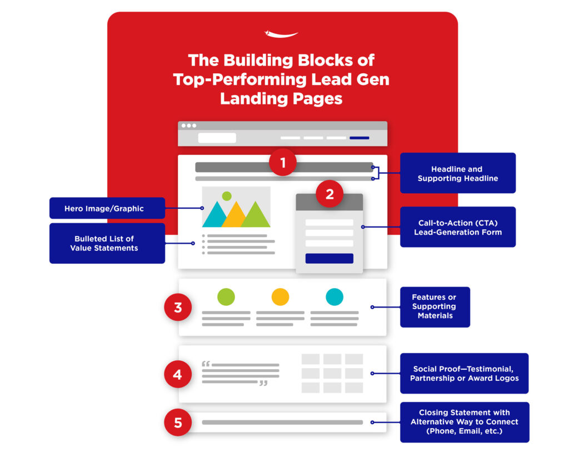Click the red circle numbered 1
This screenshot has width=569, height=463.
tap(283, 163)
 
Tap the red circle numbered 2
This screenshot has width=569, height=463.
tap(330, 194)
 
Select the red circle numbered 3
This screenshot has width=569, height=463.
tap(178, 308)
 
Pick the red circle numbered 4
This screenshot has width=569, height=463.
tap(178, 374)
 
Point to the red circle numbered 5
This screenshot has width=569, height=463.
tap(178, 422)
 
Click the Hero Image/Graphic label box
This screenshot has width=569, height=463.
tap(107, 208)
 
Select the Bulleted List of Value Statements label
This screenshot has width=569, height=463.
tap(107, 243)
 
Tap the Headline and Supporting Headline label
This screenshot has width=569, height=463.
tap(457, 173)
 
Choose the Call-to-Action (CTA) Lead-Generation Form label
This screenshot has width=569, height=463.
tap(457, 227)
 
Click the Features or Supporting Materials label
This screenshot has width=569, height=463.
tap(435, 306)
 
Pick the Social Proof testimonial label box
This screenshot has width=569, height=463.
tap(464, 373)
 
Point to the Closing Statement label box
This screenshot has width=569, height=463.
tap(464, 422)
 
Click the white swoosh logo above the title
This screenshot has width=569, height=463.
tap(281, 34)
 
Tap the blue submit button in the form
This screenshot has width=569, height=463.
tap(329, 258)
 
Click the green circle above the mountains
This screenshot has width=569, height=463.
tap(226, 195)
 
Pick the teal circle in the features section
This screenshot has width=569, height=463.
tap(335, 297)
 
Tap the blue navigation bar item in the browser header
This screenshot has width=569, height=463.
tap(359, 138)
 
